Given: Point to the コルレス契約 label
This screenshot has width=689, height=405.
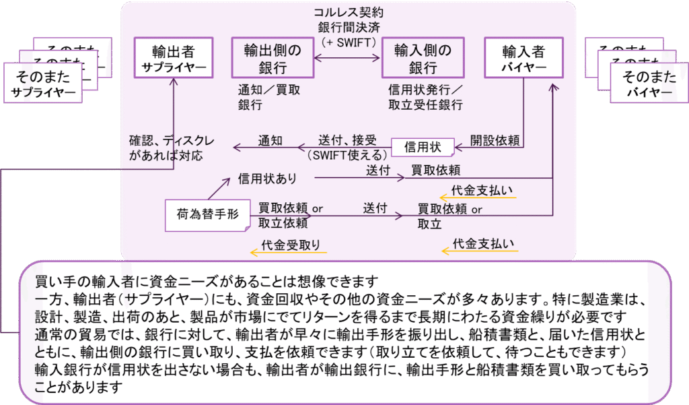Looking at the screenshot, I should tap(347, 13).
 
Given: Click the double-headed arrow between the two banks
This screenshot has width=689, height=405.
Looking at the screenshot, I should tap(347, 59).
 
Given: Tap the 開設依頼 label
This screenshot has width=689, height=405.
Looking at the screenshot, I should tap(495, 142).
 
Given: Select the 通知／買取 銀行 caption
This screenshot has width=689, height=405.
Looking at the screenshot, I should tap(269, 97).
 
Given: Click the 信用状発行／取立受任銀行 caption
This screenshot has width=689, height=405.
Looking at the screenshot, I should tap(426, 97).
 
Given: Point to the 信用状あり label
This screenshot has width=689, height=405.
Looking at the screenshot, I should tap(266, 179).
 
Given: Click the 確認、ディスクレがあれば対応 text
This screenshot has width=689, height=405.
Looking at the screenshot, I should tap(172, 148).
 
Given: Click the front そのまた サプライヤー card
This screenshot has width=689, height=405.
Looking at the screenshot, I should tap(43, 84).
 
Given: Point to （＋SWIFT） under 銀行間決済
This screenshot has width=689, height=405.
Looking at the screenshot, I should tap(347, 41).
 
